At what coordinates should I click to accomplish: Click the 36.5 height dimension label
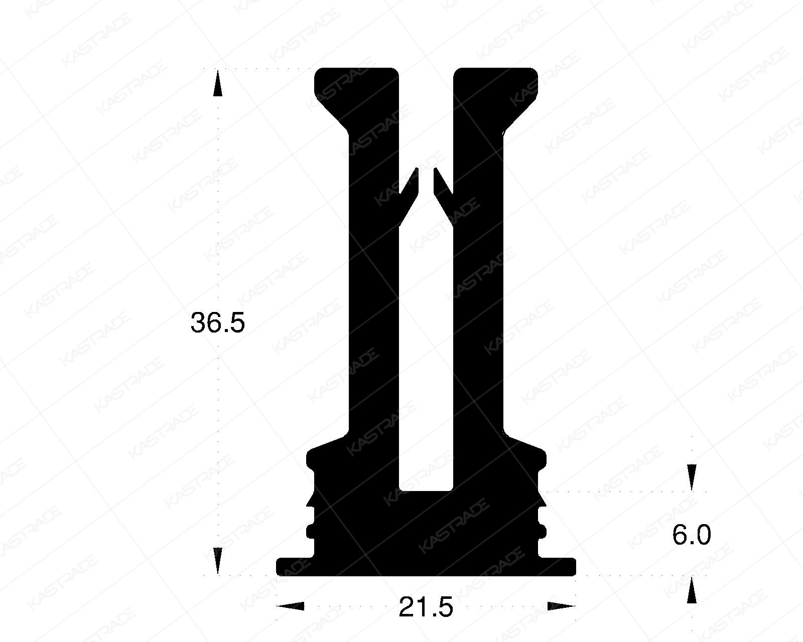click(217, 323)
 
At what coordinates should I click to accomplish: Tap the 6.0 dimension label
click(692, 536)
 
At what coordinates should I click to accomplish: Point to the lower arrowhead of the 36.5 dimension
click(217, 561)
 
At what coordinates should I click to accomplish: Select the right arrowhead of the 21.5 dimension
click(561, 606)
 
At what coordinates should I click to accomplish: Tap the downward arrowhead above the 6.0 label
click(692, 477)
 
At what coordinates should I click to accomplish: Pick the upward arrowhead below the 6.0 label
click(692, 589)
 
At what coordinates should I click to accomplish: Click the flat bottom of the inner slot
click(426, 490)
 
